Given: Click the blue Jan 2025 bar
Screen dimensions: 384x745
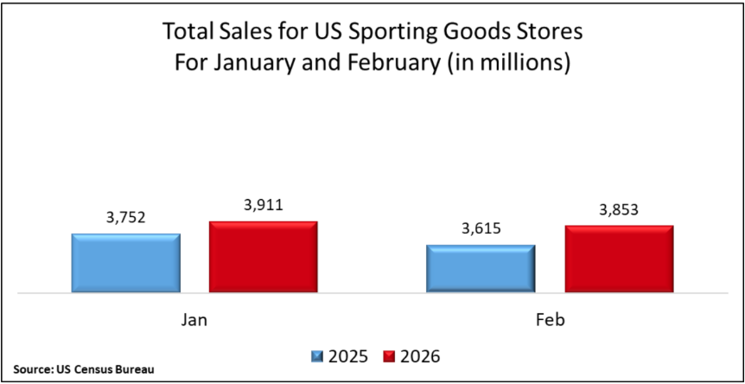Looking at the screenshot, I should click(x=125, y=263).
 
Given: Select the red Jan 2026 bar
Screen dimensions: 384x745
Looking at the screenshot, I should click(x=263, y=257).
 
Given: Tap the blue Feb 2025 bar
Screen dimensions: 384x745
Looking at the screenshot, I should click(x=481, y=268).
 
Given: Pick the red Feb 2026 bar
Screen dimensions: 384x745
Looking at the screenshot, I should click(x=619, y=259).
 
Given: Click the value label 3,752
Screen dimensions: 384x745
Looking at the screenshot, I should click(x=125, y=218).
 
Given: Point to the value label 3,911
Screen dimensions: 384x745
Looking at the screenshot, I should click(x=263, y=206).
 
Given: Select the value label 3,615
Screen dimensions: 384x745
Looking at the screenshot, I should click(x=481, y=229).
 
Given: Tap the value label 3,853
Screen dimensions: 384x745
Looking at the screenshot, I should click(x=619, y=210).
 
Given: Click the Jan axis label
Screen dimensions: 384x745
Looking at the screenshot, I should click(x=194, y=319).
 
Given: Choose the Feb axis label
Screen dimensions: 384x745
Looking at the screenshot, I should click(x=550, y=319).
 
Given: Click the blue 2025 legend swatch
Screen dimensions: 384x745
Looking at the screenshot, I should click(x=317, y=355).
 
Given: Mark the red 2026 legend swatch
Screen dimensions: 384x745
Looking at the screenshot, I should click(x=389, y=355).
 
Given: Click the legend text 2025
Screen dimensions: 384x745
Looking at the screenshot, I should click(x=347, y=355).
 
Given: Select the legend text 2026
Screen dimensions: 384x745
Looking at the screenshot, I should click(x=419, y=355).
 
